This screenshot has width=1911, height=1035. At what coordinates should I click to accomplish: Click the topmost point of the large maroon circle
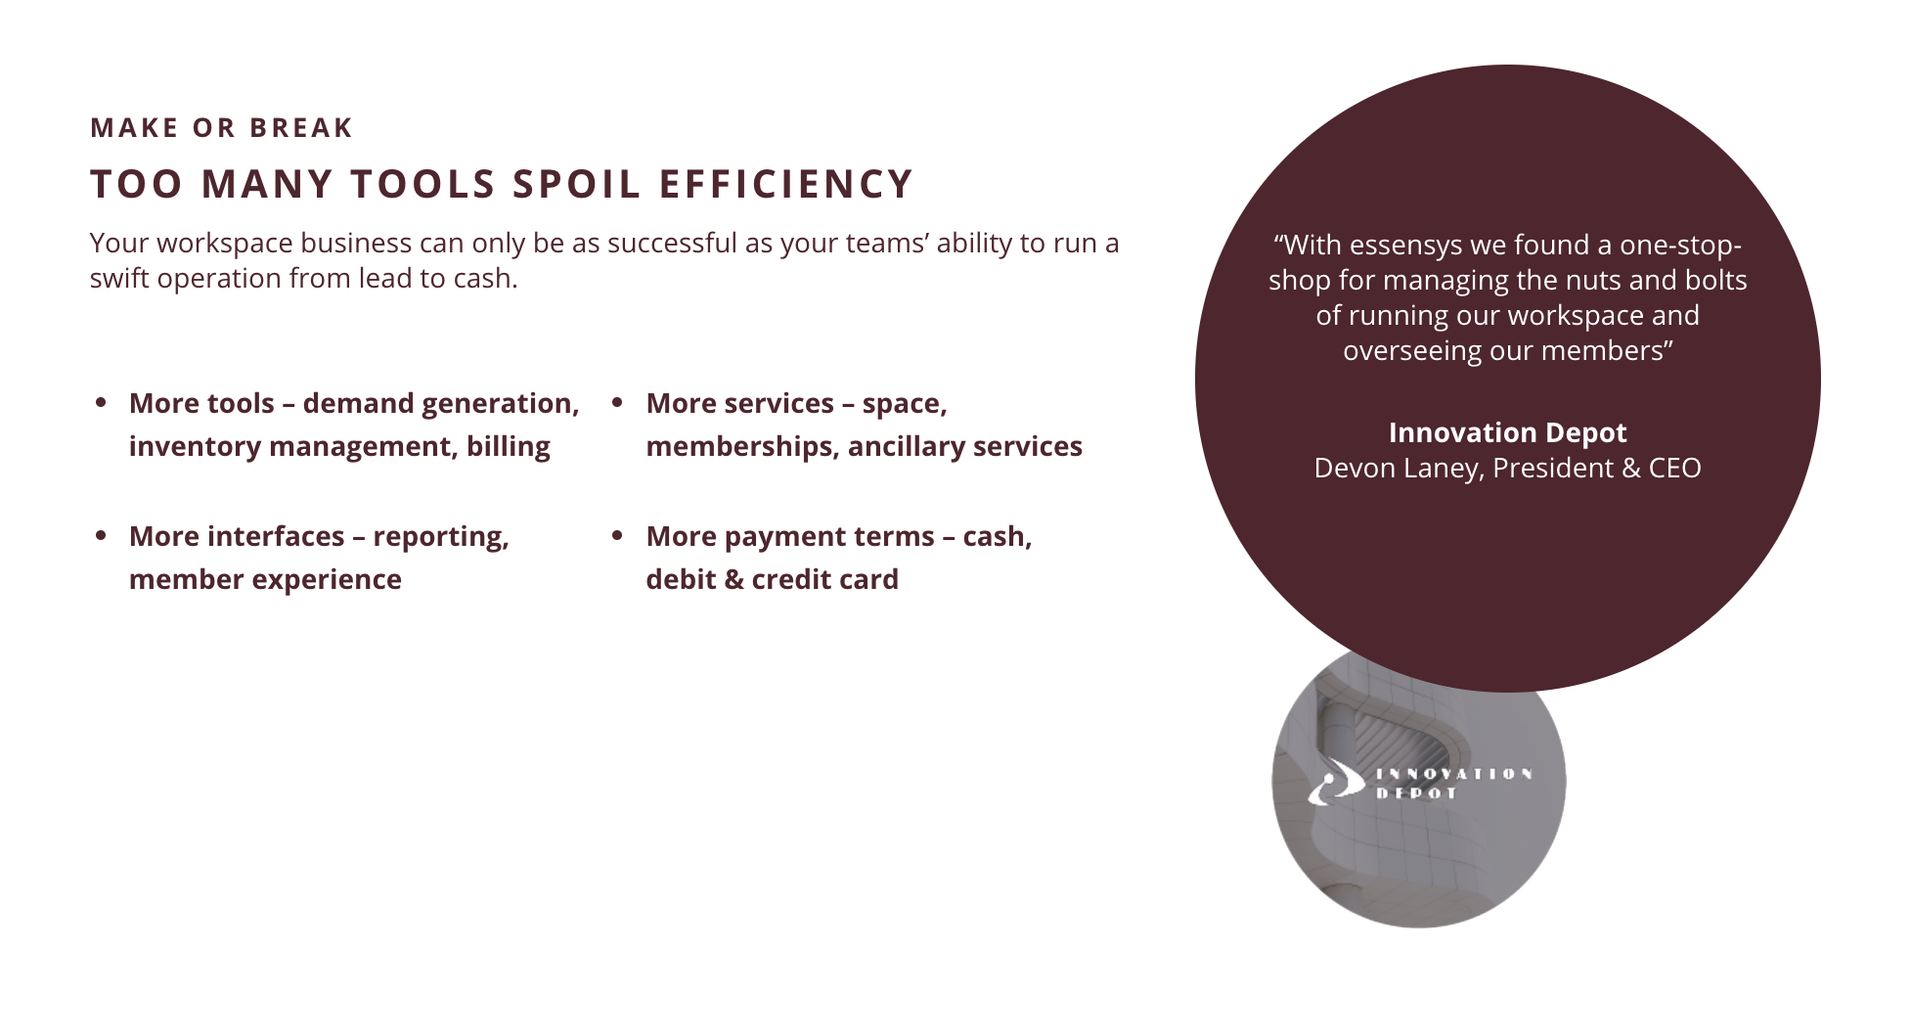(x=1507, y=66)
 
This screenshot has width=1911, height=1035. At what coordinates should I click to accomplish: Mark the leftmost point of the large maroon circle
(x=1196, y=379)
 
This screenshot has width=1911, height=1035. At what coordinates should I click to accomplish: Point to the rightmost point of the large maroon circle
(x=1820, y=379)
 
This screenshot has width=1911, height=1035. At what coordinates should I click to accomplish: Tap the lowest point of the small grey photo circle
(x=1419, y=926)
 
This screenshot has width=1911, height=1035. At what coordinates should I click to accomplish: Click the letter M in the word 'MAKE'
(x=101, y=128)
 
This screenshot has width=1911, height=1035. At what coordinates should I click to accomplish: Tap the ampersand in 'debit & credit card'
(x=733, y=579)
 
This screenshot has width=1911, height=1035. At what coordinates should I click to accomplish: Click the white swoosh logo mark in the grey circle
(x=1336, y=782)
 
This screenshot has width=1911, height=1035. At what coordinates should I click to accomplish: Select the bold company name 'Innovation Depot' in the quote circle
(x=1507, y=432)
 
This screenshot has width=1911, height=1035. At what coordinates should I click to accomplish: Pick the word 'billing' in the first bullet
(x=508, y=446)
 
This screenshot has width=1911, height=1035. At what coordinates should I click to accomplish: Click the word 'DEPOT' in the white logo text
(x=1416, y=793)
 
